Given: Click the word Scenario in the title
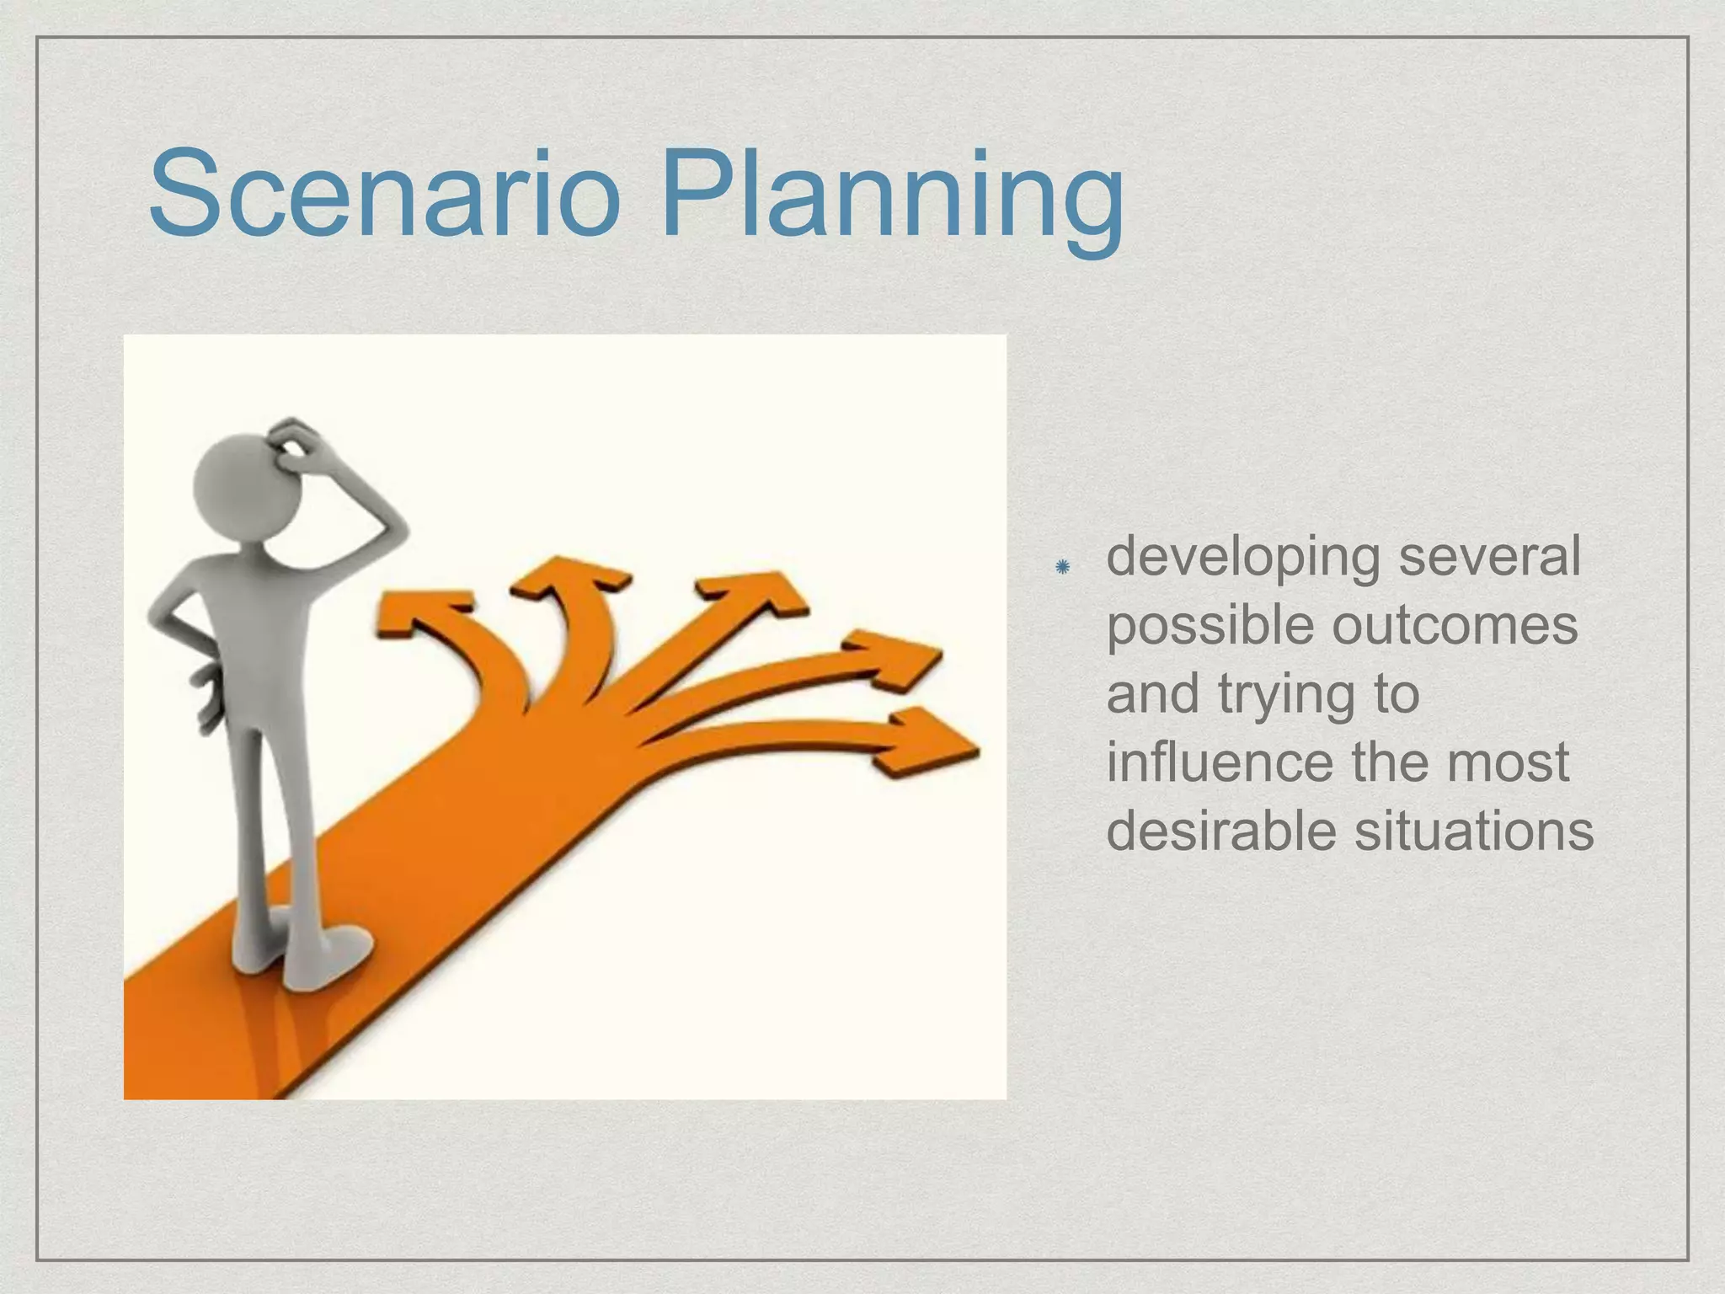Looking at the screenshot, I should click(383, 195).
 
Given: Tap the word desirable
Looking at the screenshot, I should click(1220, 831).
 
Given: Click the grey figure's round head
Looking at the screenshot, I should click(240, 484).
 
